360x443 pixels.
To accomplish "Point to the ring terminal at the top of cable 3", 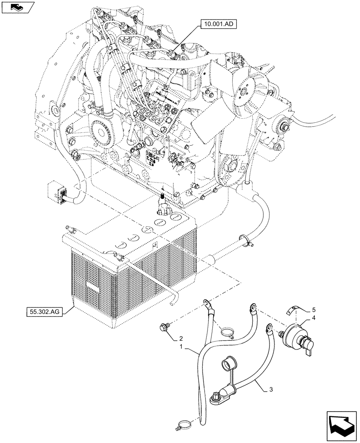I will [268, 328].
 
